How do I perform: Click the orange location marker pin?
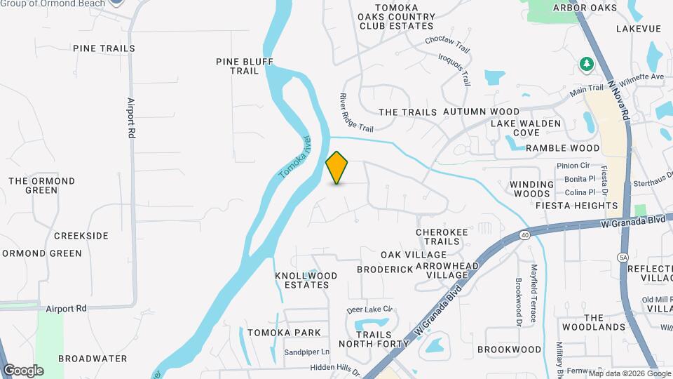[337, 168]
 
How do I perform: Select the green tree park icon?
[586, 65]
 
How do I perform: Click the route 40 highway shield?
[525, 234]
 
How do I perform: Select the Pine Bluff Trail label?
[244, 66]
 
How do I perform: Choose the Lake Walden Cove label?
[525, 128]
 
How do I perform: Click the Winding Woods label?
[530, 188]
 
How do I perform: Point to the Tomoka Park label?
[284, 333]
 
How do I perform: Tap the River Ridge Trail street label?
[356, 112]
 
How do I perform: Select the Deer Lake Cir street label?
[369, 310]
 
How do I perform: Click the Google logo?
[23, 370]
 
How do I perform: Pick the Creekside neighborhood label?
[81, 236]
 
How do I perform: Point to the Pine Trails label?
[104, 48]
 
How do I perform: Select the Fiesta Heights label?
[576, 206]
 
